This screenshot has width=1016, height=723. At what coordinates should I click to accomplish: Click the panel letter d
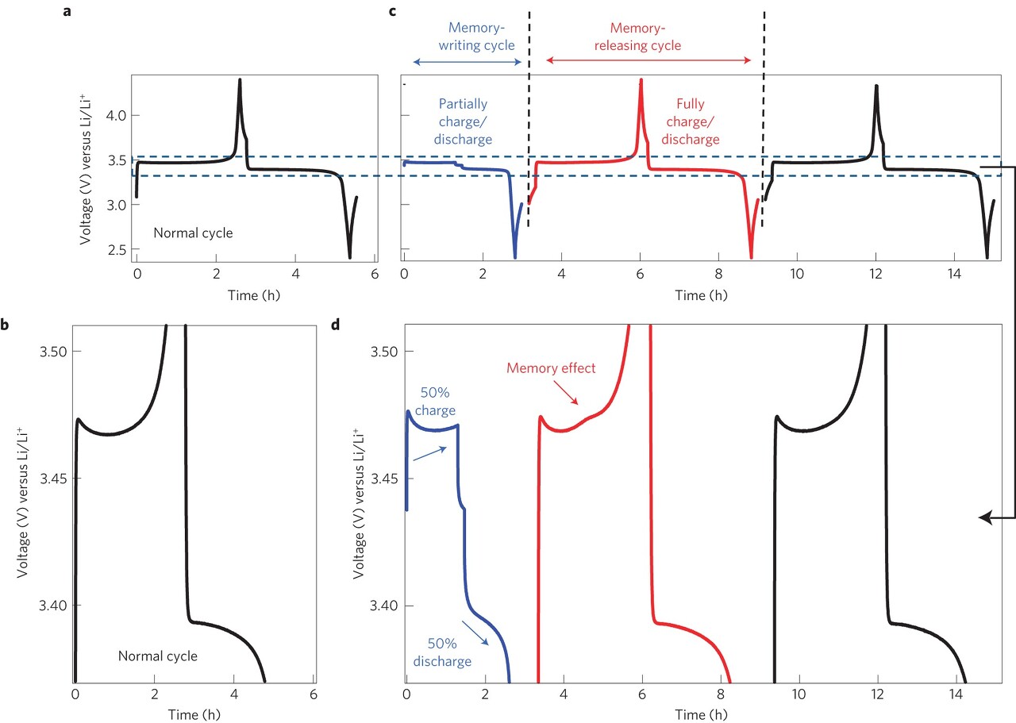click(337, 324)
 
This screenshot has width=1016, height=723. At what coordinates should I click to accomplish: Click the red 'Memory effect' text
click(550, 368)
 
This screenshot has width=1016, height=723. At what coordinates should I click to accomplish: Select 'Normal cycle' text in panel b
click(157, 656)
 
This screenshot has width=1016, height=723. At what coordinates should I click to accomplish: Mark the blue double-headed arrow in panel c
click(468, 61)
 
